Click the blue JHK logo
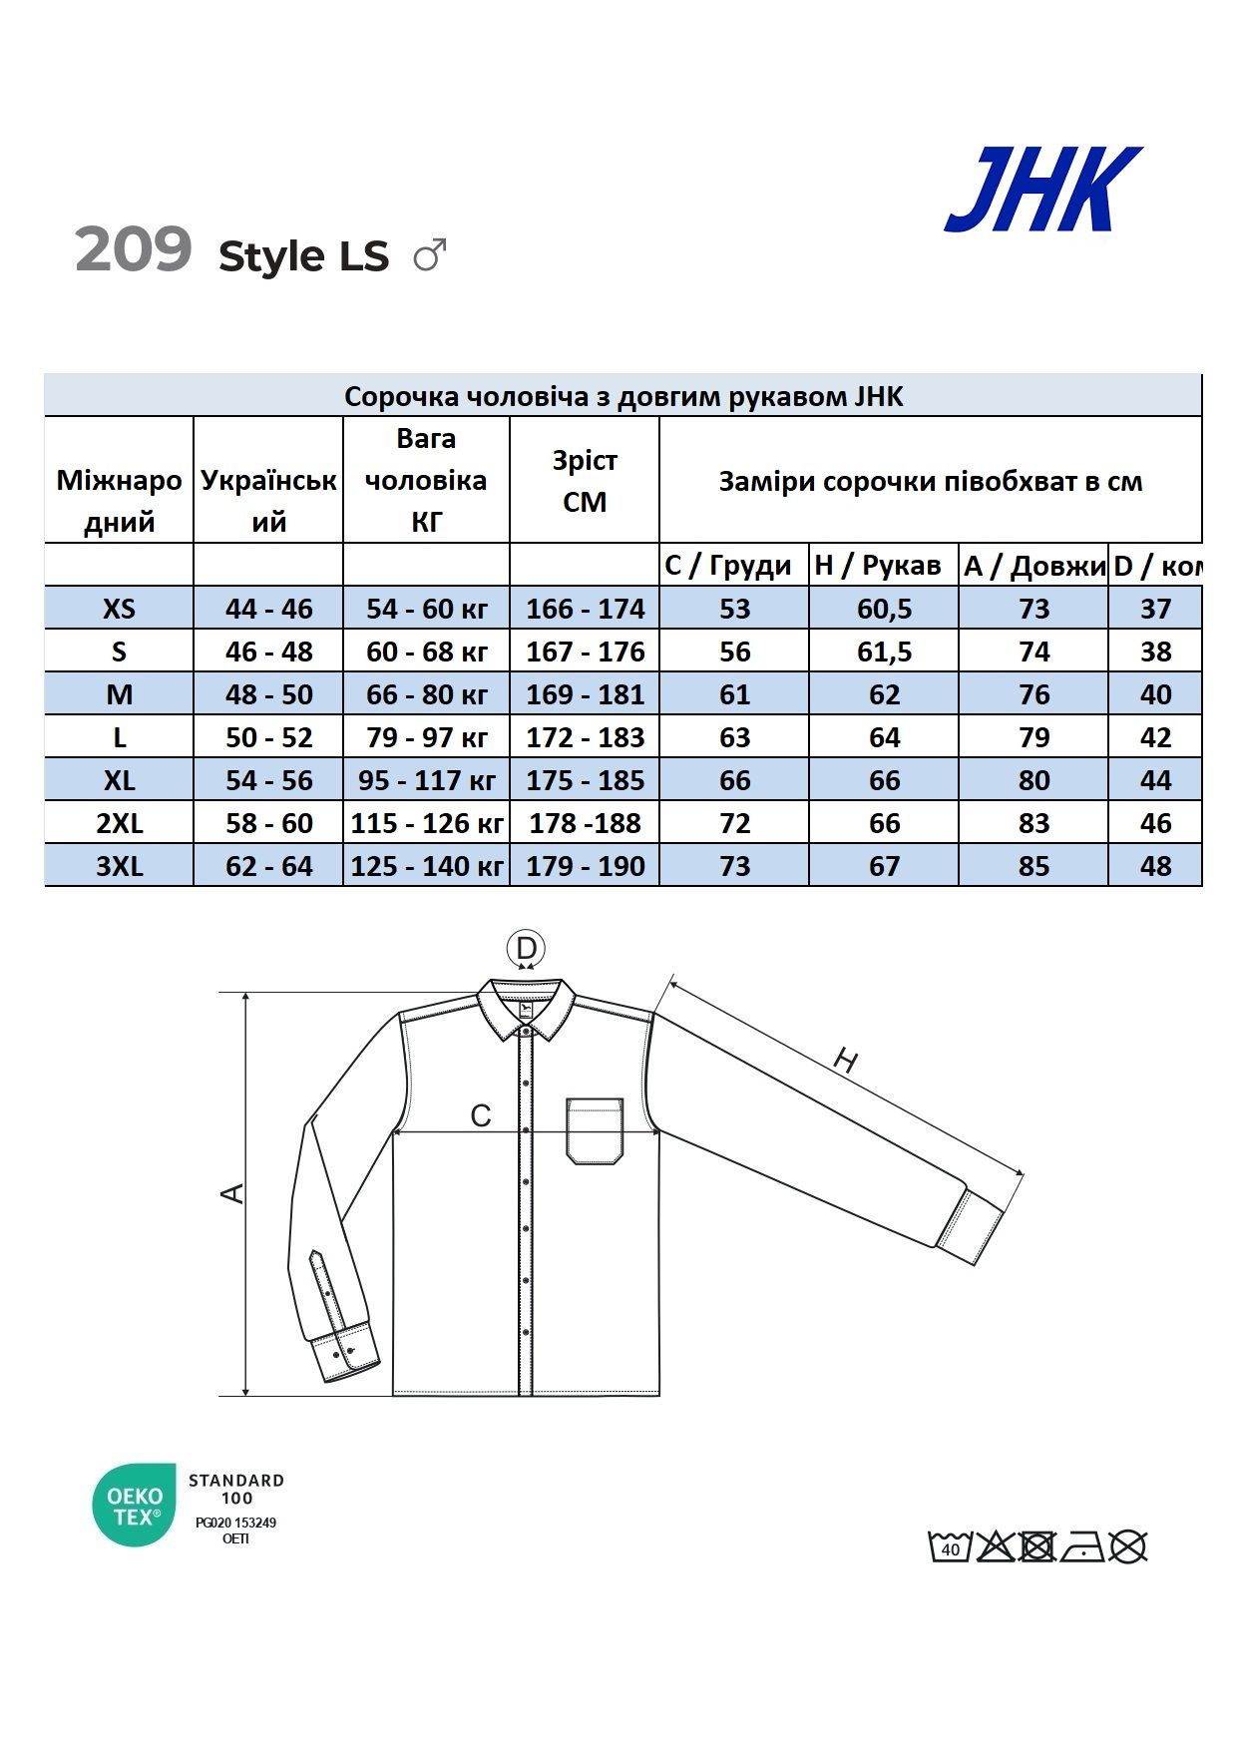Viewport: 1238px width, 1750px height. coord(1042,190)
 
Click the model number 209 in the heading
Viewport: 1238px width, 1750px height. coord(134,249)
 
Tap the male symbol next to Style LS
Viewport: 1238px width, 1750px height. coord(430,255)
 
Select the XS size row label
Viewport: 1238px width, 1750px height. coord(119,609)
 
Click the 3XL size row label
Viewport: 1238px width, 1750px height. coord(119,866)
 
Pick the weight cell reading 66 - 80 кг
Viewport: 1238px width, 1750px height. coord(426,694)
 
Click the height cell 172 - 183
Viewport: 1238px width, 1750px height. coord(585,737)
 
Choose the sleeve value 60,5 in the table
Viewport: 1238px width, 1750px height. coord(884,609)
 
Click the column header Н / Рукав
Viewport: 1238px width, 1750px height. coord(878,566)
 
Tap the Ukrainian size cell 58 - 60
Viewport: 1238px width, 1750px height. coord(268,823)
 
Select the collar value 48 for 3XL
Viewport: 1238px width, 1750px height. coord(1155,866)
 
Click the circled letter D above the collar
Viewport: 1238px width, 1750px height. coord(526,948)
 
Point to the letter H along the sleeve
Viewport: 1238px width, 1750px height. coord(845,1062)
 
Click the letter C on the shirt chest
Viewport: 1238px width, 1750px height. coord(481,1115)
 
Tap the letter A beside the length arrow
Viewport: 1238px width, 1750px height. coord(231,1192)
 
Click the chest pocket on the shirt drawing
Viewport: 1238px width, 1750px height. coord(595,1130)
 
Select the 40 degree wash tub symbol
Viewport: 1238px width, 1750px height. coord(950,1546)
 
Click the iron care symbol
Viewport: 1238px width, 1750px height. coord(1082,1546)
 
